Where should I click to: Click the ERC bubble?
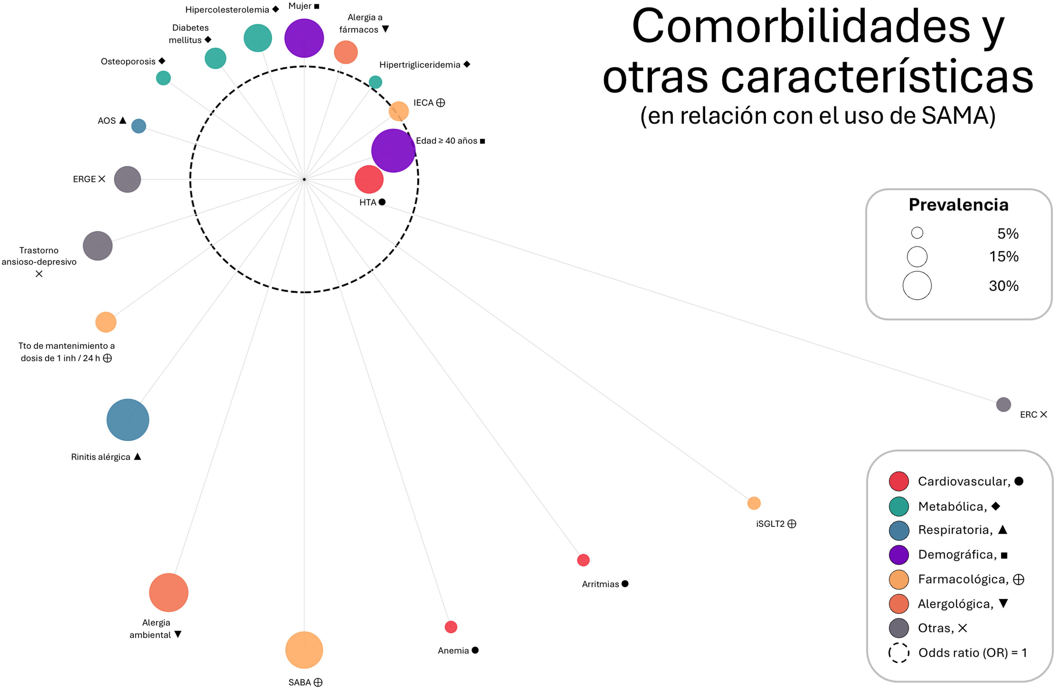(1003, 404)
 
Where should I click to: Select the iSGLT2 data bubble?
(754, 503)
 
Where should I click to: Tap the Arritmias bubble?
(583, 560)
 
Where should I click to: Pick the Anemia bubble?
(451, 627)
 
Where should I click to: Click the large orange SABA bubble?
(304, 650)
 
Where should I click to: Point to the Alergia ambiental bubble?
(169, 592)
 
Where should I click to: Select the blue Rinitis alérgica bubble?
(128, 420)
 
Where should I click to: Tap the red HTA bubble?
(369, 179)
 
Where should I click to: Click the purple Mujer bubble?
(304, 38)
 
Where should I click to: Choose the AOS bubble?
(138, 126)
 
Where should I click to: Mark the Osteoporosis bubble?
(163, 78)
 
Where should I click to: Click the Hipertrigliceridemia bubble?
(375, 82)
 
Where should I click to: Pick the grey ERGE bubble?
(127, 179)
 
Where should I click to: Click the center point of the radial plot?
(304, 179)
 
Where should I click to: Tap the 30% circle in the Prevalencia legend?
(917, 285)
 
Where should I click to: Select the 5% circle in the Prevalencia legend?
(917, 233)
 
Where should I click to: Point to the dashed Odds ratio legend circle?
(898, 652)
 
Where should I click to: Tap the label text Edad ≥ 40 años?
(446, 141)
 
